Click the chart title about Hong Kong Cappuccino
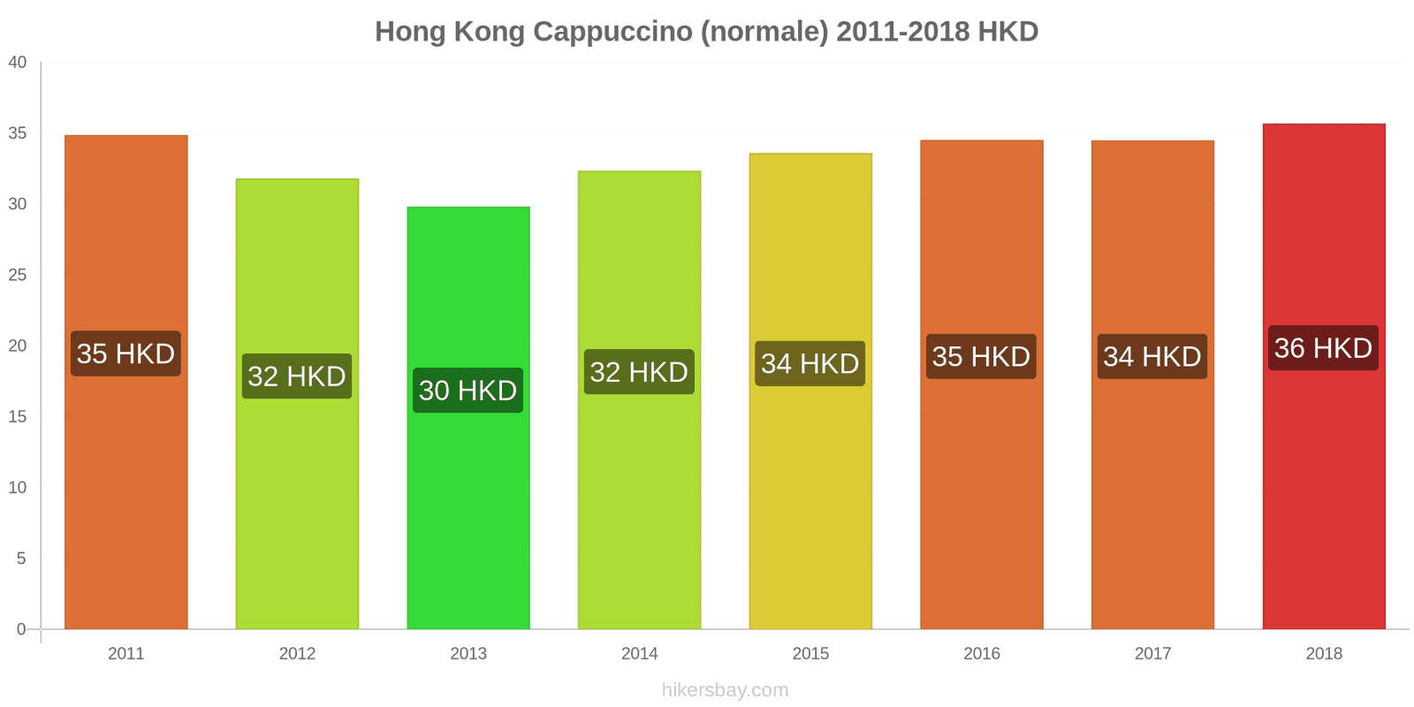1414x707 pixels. pyautogui.click(x=706, y=32)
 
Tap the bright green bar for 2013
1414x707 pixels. pyautogui.click(x=468, y=513)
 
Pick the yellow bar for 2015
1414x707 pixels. pyautogui.click(x=810, y=495)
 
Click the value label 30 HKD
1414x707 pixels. pyautogui.click(x=468, y=391)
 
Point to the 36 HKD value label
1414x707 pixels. pyautogui.click(x=1323, y=348)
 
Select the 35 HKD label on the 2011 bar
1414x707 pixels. pyautogui.click(x=125, y=353)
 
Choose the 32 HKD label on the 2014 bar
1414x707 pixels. pyautogui.click(x=639, y=372)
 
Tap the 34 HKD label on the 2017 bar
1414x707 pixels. pyautogui.click(x=1152, y=356)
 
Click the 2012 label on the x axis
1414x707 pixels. pyautogui.click(x=297, y=653)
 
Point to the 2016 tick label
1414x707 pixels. pyautogui.click(x=981, y=653)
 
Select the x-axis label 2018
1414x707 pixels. pyautogui.click(x=1323, y=653)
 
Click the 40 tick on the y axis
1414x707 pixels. pyautogui.click(x=18, y=63)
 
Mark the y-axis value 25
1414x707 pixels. pyautogui.click(x=18, y=275)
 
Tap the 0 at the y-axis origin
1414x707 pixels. pyautogui.click(x=21, y=629)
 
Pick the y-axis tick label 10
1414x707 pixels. pyautogui.click(x=18, y=488)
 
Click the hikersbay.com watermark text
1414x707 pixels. pyautogui.click(x=725, y=690)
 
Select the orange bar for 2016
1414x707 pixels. pyautogui.click(x=981, y=495)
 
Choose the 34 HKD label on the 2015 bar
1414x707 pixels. pyautogui.click(x=810, y=363)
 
